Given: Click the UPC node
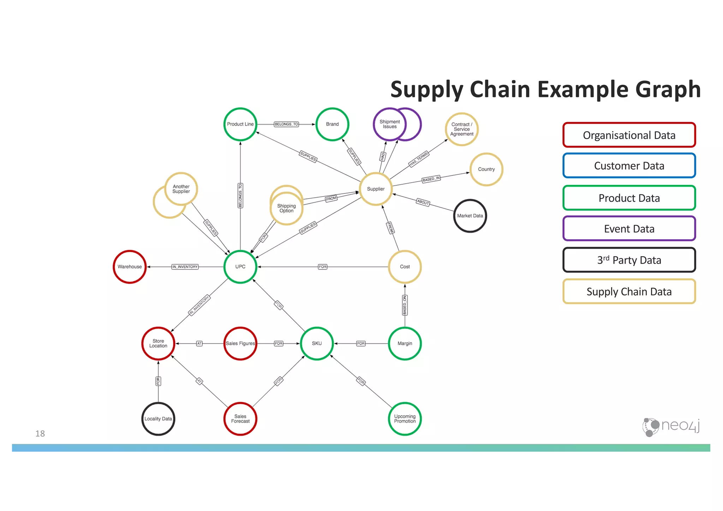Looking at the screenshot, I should click(240, 266).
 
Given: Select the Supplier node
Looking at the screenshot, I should click(376, 189).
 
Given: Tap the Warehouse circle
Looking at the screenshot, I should click(130, 266).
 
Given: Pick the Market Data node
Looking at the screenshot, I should click(470, 216).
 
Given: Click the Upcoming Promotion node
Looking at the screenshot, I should click(405, 419).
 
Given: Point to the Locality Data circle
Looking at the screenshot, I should click(158, 419).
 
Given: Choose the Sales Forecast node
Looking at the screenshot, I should click(240, 419).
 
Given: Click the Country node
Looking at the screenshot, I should click(486, 169).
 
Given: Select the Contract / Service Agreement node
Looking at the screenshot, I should click(461, 129).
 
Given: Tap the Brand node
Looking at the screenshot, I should click(332, 124).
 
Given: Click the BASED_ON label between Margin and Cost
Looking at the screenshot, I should click(405, 305).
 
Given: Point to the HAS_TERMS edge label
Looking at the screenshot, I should click(419, 159).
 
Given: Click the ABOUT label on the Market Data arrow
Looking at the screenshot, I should click(423, 202).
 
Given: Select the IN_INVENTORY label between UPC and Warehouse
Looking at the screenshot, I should click(185, 267).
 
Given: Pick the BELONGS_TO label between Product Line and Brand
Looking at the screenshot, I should click(286, 124).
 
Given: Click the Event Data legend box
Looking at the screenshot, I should click(629, 229).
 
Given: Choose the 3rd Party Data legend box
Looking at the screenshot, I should click(629, 260).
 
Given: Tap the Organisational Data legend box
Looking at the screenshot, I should click(629, 135).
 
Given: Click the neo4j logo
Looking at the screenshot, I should click(671, 426).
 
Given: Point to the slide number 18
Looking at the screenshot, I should click(40, 433).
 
